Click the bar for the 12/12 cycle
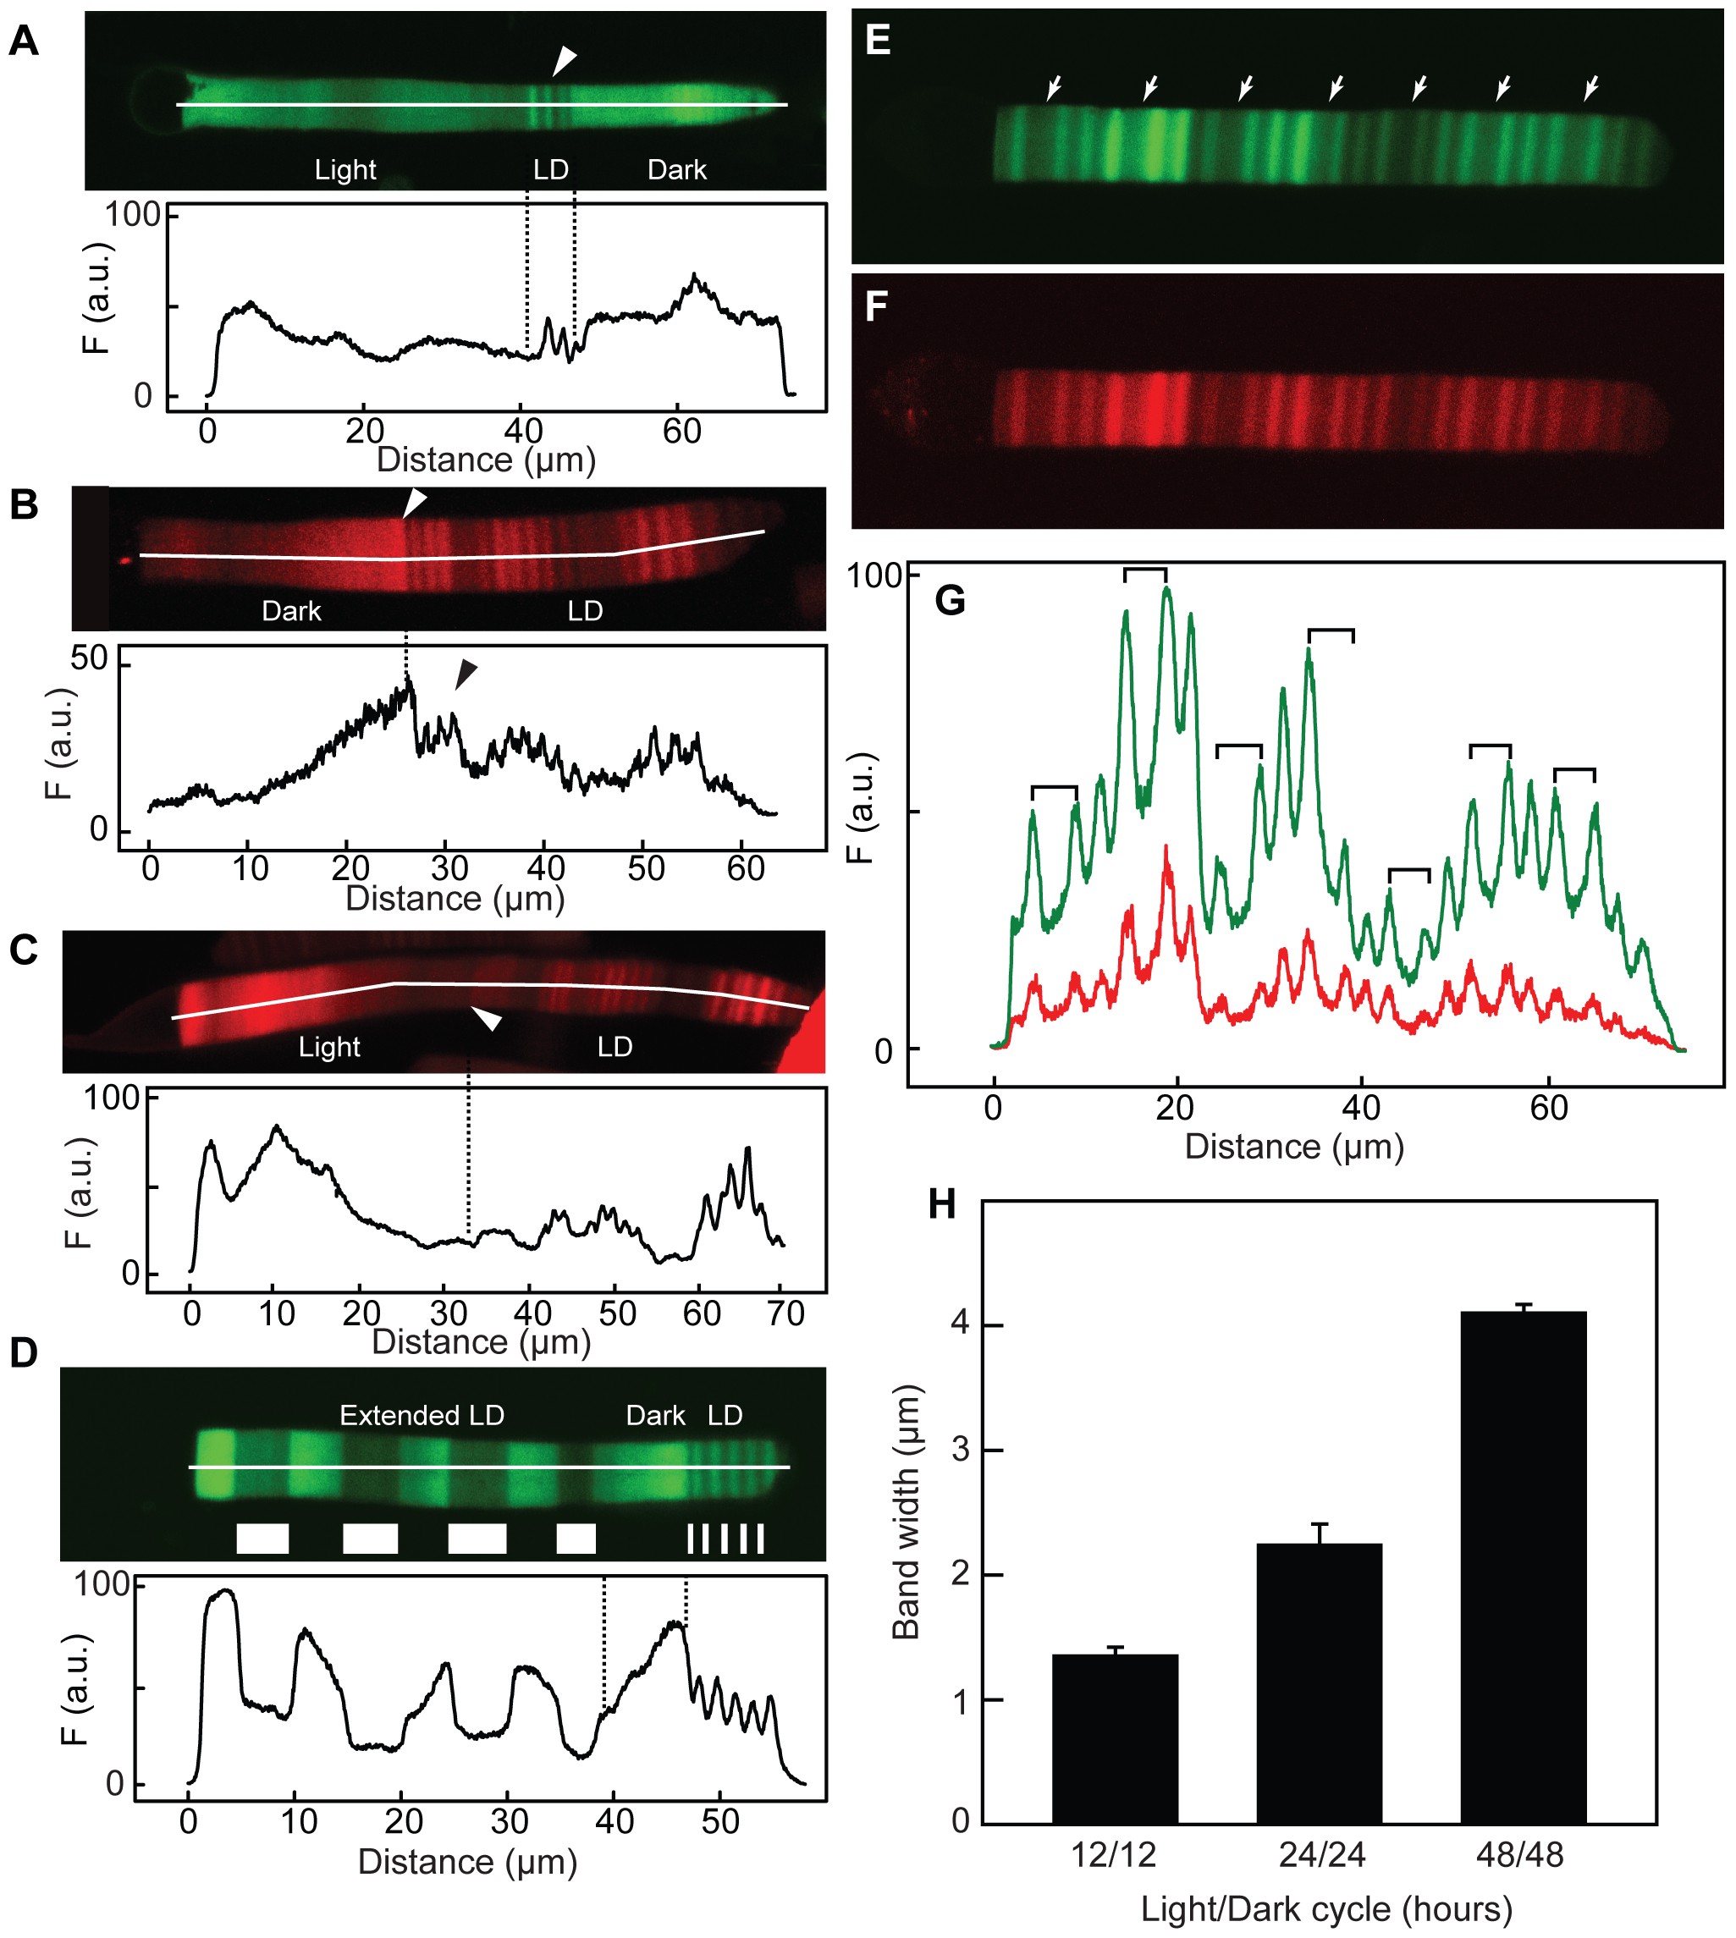tap(1114, 1738)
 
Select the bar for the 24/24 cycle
tap(1320, 1683)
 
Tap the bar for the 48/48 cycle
tap(1524, 1568)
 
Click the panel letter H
tap(941, 1204)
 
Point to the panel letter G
tap(951, 600)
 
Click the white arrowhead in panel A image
tap(565, 62)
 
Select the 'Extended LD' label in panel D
tap(422, 1415)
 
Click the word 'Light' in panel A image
tap(345, 170)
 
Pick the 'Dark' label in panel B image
tap(291, 610)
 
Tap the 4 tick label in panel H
tap(961, 1323)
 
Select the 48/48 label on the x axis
tap(1520, 1855)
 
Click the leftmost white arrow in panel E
tap(1053, 89)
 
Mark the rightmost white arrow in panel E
tap(1591, 89)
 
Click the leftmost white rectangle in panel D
tap(262, 1539)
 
